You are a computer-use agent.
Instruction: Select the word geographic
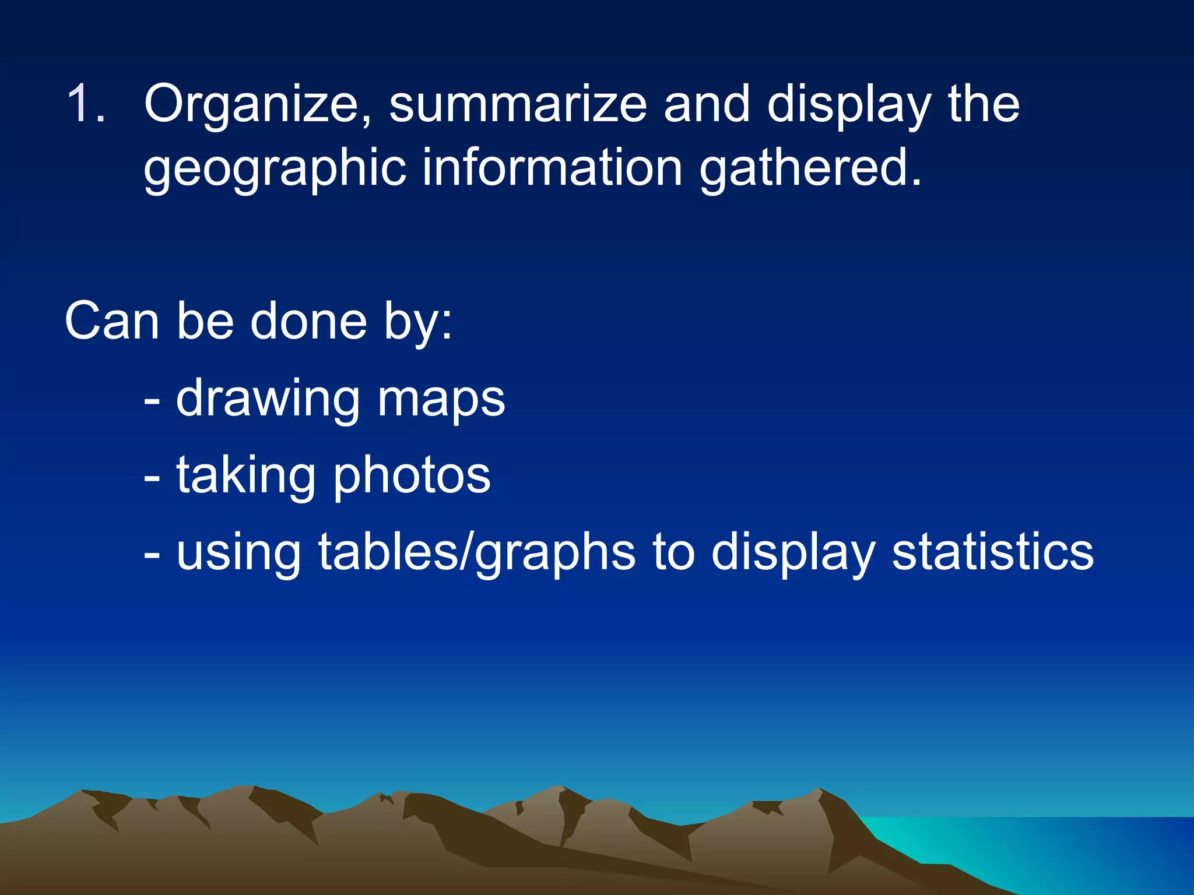(274, 169)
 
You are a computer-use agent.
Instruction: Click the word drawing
(268, 400)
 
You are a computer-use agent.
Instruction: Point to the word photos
(412, 477)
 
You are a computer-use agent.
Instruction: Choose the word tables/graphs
(476, 554)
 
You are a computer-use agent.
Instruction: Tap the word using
(238, 554)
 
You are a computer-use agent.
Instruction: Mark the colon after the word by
(446, 324)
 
